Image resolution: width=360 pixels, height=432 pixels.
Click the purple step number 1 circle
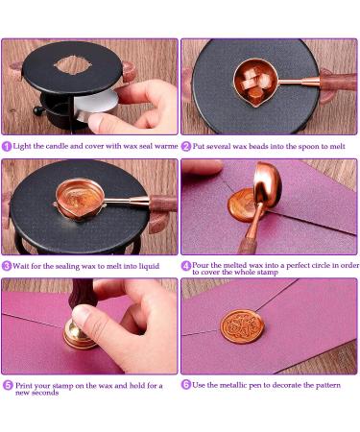click(7, 146)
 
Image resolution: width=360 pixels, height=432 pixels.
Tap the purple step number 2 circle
click(186, 147)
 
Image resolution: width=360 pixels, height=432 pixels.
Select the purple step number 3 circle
click(7, 266)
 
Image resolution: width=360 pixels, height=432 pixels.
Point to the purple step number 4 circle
click(186, 266)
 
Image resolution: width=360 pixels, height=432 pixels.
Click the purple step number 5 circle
click(8, 385)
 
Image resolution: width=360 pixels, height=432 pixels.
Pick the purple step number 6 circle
click(186, 385)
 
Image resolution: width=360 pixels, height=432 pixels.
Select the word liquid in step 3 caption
click(149, 266)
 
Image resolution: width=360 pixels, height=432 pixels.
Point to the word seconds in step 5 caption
click(44, 393)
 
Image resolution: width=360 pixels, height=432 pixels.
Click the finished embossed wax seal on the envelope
click(242, 326)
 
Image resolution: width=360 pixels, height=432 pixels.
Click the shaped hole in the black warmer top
click(73, 64)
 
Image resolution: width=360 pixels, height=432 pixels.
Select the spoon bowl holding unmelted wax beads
click(255, 83)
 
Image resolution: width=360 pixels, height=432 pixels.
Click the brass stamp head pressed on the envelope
click(79, 334)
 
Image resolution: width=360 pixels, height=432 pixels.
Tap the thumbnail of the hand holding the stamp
click(81, 314)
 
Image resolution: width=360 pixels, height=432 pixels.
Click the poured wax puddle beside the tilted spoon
click(242, 205)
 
